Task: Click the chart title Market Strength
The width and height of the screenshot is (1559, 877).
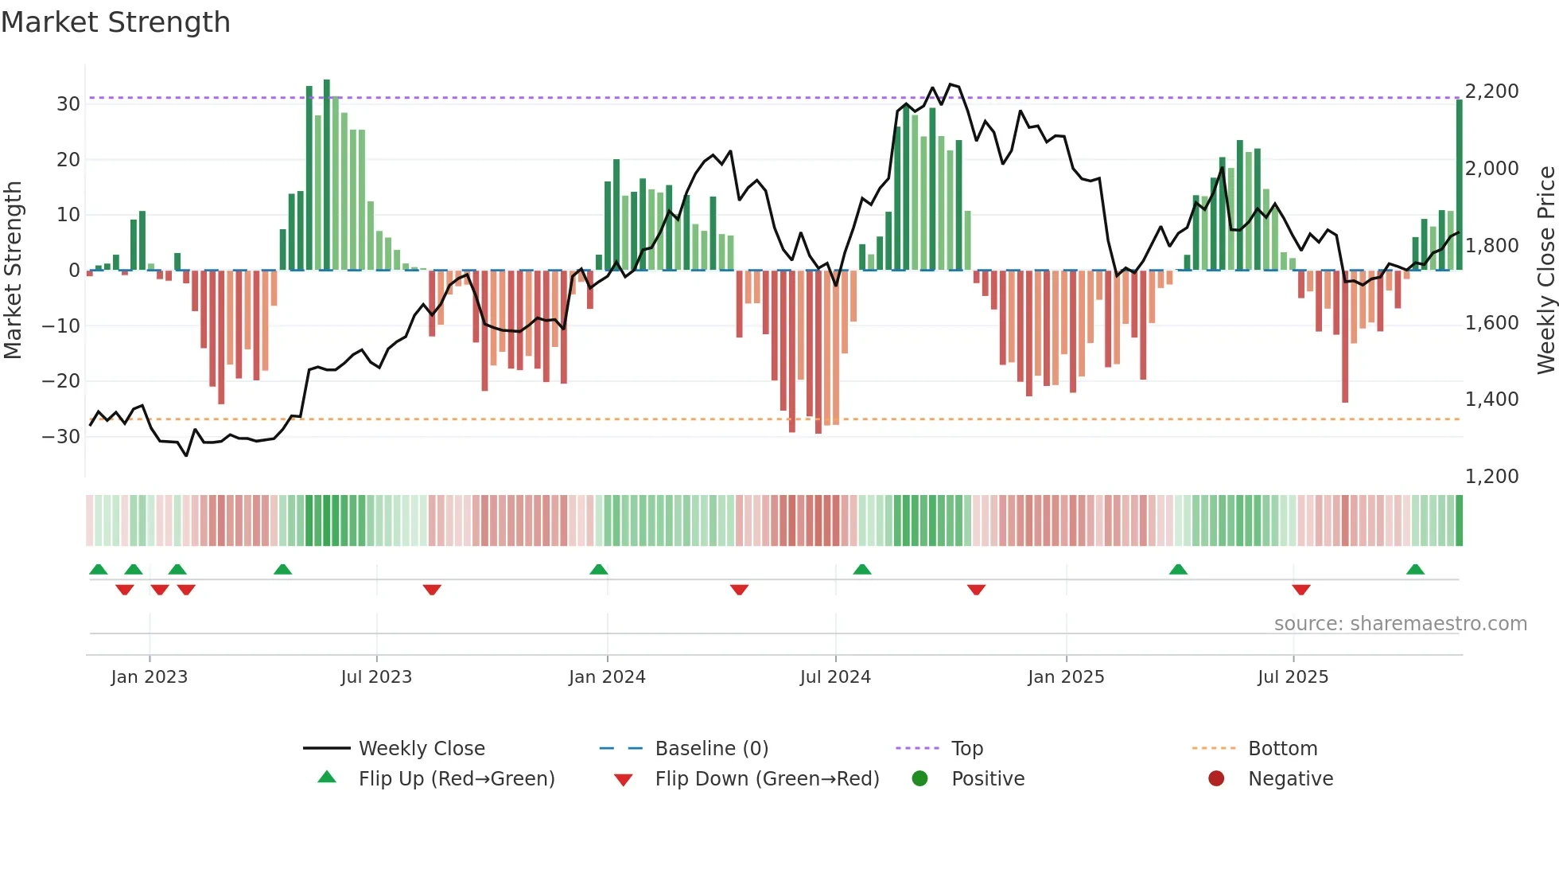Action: click(115, 22)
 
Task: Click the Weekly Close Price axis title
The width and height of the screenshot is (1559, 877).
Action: click(1545, 270)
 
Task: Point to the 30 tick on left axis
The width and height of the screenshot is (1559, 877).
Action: click(68, 104)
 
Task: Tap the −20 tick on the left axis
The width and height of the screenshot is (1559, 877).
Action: click(61, 381)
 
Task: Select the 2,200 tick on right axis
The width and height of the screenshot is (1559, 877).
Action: click(1491, 92)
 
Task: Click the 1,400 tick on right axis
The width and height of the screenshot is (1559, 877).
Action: click(1491, 400)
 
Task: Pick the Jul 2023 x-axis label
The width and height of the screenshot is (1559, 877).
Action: click(376, 677)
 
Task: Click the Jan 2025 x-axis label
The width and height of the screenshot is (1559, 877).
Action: click(1065, 677)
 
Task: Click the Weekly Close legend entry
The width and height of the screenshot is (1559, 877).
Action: click(421, 749)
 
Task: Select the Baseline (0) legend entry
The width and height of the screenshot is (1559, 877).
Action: click(711, 749)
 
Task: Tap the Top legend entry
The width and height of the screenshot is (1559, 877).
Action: click(966, 749)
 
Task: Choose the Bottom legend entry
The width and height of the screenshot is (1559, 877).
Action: click(1282, 749)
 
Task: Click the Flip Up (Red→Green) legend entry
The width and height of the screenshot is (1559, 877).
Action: click(456, 779)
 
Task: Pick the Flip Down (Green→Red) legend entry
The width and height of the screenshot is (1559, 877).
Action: click(767, 779)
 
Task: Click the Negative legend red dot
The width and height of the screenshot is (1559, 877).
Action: click(1215, 779)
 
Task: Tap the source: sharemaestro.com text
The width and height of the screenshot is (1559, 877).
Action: click(1400, 624)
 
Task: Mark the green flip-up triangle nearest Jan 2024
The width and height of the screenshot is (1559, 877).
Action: click(599, 569)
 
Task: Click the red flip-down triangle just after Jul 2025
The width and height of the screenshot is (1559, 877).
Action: click(1301, 590)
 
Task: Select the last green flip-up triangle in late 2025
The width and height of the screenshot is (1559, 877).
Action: click(1415, 569)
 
